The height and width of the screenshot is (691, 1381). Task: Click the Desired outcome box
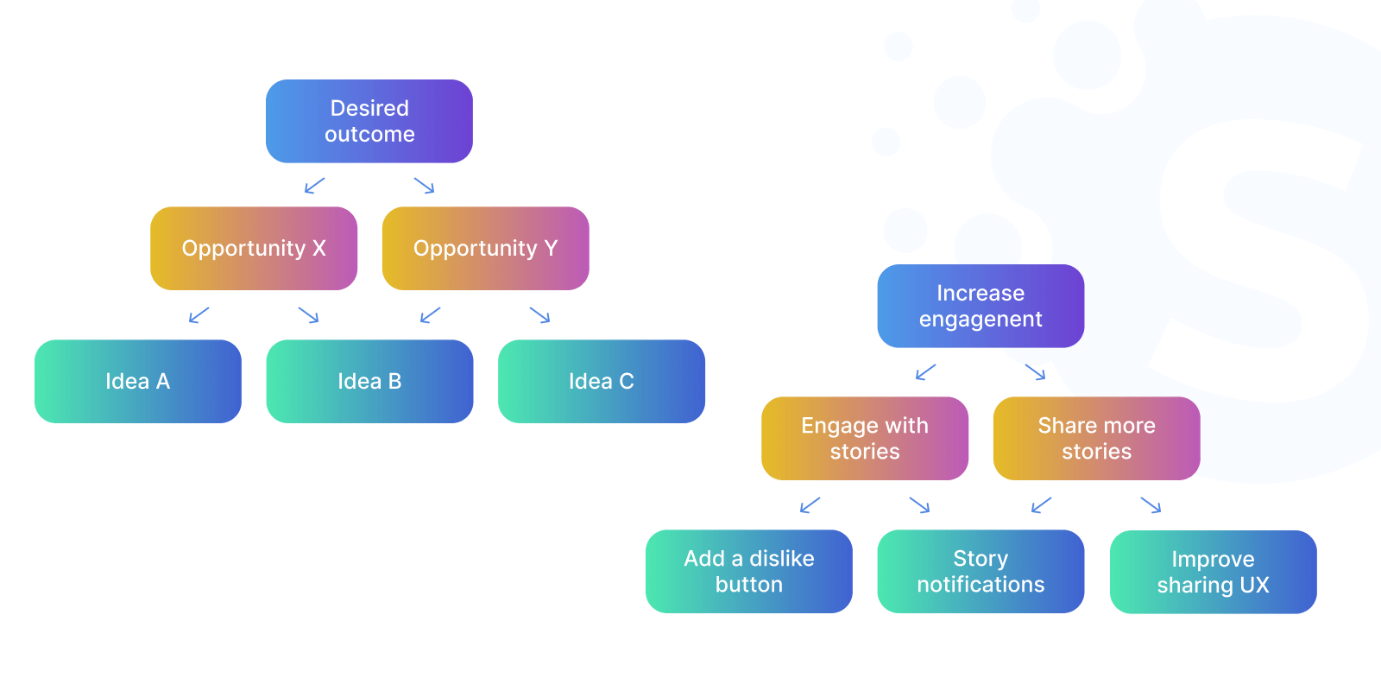[x=369, y=121]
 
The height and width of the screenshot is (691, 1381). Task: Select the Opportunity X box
[x=254, y=248]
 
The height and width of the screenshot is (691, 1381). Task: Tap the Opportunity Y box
[x=486, y=248]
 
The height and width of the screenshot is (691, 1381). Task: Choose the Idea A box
[x=138, y=381]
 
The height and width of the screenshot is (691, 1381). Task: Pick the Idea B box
[x=369, y=381]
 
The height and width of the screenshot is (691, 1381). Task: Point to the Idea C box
[x=602, y=381]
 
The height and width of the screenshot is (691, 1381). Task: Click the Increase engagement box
[x=981, y=306]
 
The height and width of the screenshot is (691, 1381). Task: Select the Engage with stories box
[x=865, y=438]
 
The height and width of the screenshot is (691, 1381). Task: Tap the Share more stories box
[x=1096, y=438]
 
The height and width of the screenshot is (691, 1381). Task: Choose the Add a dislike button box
[x=749, y=571]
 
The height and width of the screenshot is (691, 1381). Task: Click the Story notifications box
[x=981, y=571]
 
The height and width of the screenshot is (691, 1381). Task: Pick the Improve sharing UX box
[x=1213, y=572]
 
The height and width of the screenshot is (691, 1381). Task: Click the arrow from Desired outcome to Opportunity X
[x=315, y=186]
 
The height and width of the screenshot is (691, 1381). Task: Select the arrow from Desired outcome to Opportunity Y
[x=424, y=186]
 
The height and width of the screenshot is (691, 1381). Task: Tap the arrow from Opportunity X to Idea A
[x=199, y=315]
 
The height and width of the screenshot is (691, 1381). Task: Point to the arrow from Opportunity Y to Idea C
[x=539, y=315]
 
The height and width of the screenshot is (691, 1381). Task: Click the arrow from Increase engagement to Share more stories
[x=1035, y=372]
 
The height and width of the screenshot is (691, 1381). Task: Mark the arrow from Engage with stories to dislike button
[x=810, y=505]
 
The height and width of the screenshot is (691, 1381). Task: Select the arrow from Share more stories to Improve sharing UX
[x=1151, y=505]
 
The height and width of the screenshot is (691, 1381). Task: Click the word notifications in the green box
[x=981, y=585]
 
